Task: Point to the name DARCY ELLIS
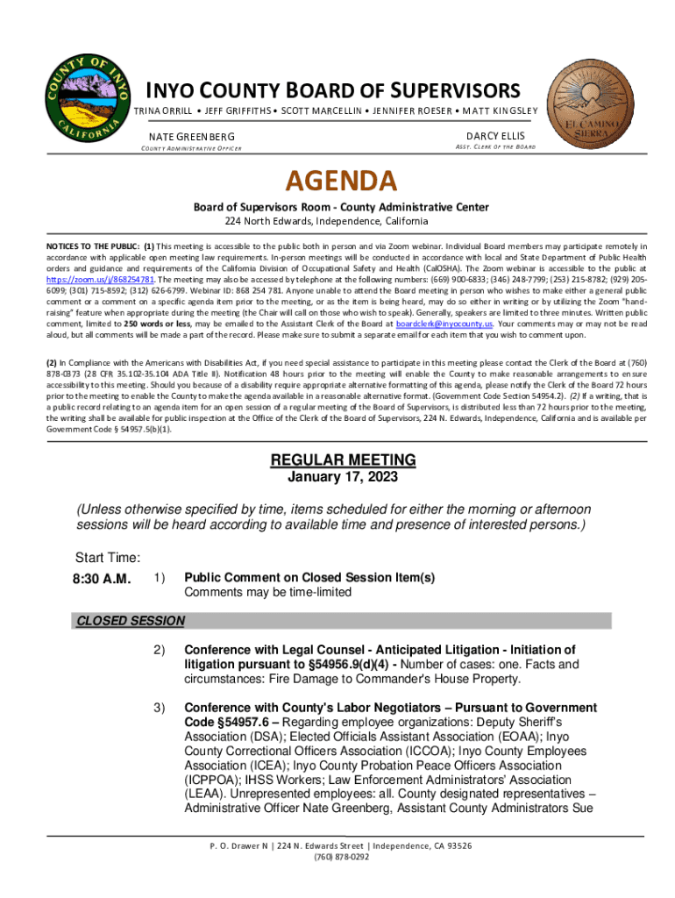[x=495, y=136]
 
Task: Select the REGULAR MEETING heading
[x=343, y=460]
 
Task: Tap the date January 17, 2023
[x=343, y=478]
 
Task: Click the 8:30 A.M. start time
[x=103, y=579]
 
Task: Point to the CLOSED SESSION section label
[x=131, y=621]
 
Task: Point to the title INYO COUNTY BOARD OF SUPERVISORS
[x=332, y=90]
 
